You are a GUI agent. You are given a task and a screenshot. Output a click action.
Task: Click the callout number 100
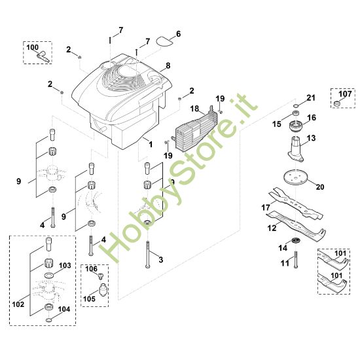[x=33, y=47]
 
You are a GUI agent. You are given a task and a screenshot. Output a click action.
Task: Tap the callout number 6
[x=178, y=33]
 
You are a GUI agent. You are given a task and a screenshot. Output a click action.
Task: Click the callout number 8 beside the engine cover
[x=168, y=66]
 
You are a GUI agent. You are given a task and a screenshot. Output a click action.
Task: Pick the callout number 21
[x=311, y=98]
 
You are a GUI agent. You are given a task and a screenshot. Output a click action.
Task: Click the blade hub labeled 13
[x=297, y=149]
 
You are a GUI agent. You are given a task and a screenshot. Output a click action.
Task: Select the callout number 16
[x=312, y=118]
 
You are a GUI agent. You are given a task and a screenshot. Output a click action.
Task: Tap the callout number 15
[x=277, y=123]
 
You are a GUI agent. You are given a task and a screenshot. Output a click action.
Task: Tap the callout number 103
[x=64, y=266]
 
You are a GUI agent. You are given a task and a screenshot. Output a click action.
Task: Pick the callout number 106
[x=91, y=269]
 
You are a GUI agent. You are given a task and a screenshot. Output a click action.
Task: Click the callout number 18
[x=194, y=109]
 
